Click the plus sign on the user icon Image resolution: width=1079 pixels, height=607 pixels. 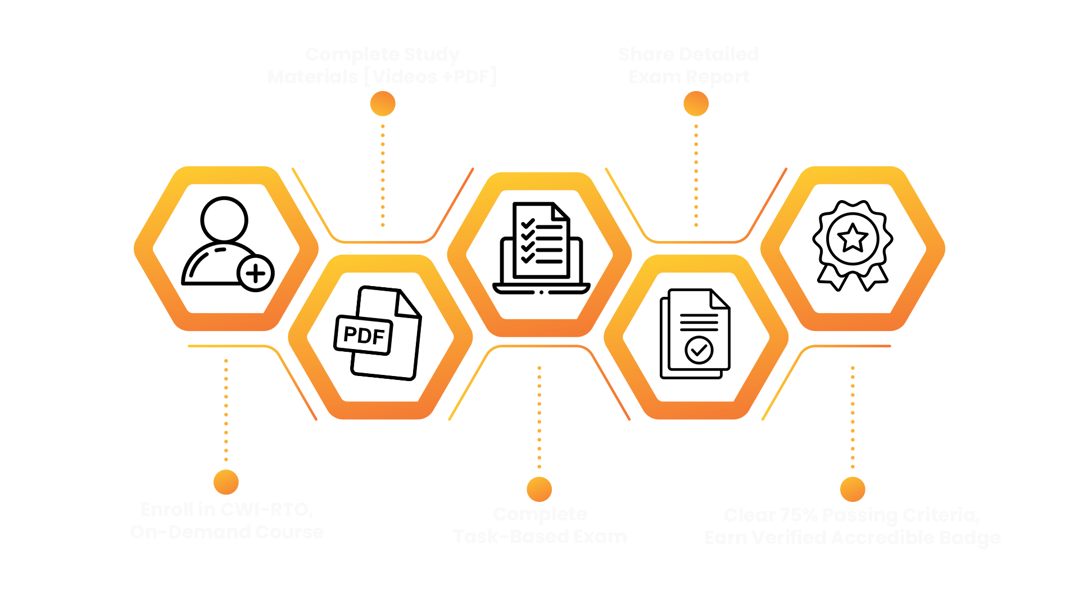click(x=256, y=274)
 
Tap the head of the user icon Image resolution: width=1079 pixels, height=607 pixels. click(x=224, y=220)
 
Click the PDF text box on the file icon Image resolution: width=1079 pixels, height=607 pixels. click(x=364, y=335)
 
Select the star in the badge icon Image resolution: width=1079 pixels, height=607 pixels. click(x=853, y=238)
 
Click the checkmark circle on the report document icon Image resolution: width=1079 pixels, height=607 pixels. click(x=699, y=350)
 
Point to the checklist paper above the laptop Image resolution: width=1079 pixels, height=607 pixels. click(x=541, y=241)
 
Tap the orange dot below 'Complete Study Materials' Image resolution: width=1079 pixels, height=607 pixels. click(x=383, y=104)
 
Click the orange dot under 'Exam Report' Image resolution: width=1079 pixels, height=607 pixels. click(x=696, y=104)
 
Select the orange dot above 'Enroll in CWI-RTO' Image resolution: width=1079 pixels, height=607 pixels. click(x=226, y=482)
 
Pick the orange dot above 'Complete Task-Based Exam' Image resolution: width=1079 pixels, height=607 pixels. click(x=539, y=489)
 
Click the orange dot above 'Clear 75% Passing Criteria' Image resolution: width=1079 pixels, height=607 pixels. click(x=853, y=489)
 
